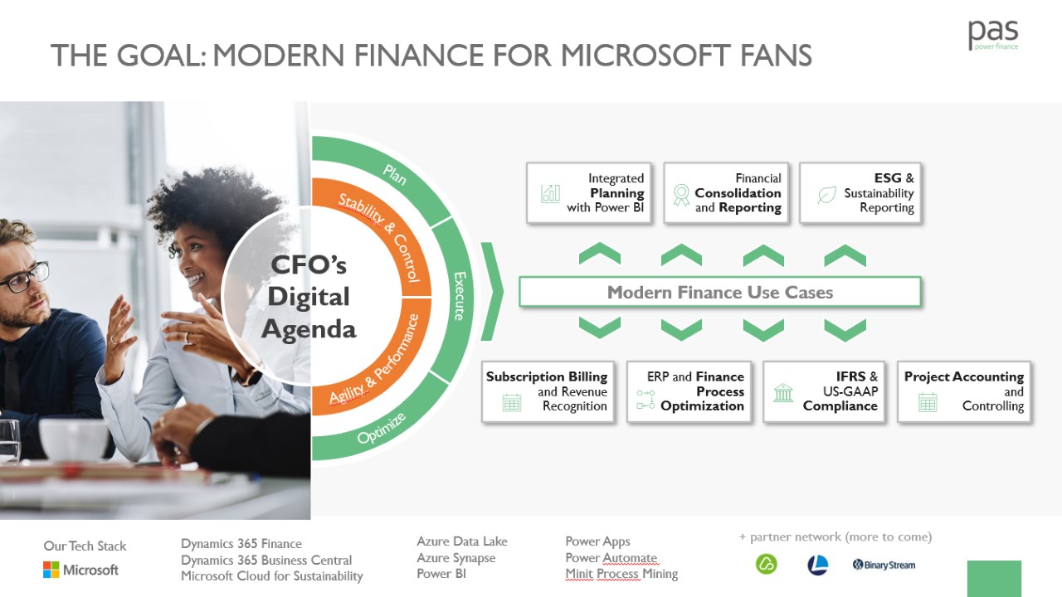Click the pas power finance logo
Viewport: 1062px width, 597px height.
pos(993,35)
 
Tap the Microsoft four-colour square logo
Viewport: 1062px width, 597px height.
pos(51,570)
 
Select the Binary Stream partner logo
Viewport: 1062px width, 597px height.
pos(884,565)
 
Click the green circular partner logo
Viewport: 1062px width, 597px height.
pos(766,564)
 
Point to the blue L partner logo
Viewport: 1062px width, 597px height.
pos(818,565)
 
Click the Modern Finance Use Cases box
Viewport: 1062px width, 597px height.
pos(719,293)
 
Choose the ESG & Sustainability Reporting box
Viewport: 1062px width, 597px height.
pos(860,193)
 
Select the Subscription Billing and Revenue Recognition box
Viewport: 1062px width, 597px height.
pos(548,391)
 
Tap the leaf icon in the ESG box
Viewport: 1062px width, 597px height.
pos(827,195)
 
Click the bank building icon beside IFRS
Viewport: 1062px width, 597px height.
pos(782,393)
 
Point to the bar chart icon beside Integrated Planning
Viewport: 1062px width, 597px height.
pos(550,193)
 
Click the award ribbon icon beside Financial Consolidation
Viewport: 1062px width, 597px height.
pos(681,195)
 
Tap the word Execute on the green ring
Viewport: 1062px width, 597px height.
pos(460,296)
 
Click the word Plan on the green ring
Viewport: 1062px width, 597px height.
pos(395,175)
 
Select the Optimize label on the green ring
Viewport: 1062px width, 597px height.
pos(381,428)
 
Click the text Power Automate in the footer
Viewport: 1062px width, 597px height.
pos(611,558)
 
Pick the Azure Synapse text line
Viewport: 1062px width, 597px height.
pos(456,558)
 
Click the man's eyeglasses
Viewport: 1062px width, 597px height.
pos(25,277)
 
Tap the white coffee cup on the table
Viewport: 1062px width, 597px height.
pos(74,439)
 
